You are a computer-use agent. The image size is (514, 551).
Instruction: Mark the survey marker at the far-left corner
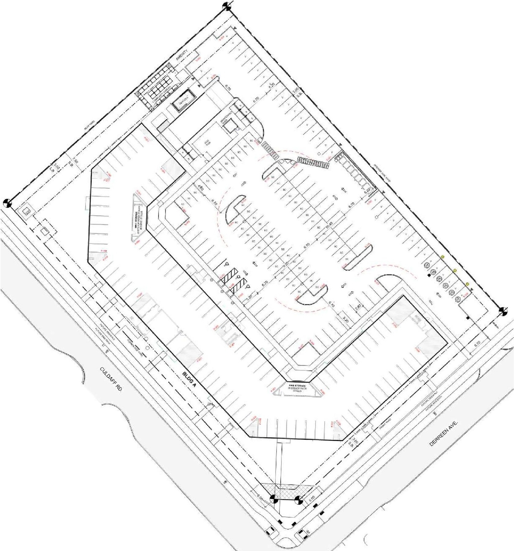point(7,203)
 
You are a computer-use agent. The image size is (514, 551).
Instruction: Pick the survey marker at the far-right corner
point(503,311)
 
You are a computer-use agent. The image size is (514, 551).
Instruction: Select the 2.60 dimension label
point(358,308)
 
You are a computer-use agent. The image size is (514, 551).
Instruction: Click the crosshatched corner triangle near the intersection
point(286,491)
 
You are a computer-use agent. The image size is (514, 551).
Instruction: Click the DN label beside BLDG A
point(210,404)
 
